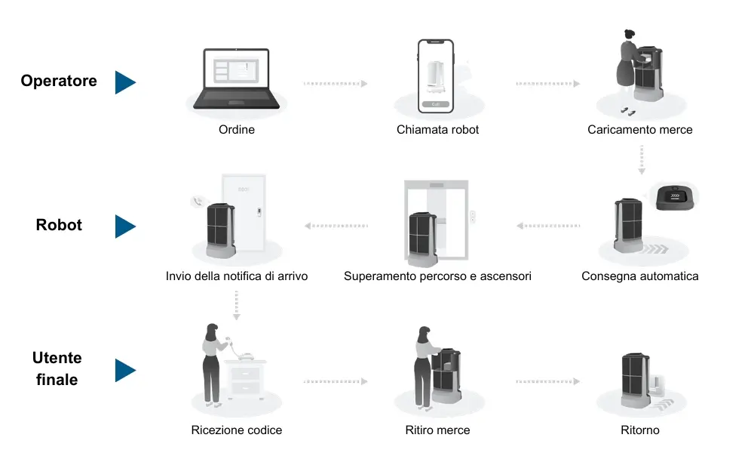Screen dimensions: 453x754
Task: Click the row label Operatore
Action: (x=59, y=81)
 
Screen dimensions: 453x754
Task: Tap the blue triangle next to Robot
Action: (x=124, y=226)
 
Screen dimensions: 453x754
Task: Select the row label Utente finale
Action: (x=57, y=368)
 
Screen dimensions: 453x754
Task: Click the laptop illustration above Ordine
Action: (x=236, y=79)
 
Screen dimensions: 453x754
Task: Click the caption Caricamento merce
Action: (x=639, y=130)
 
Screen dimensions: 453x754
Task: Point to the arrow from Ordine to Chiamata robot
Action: (x=335, y=84)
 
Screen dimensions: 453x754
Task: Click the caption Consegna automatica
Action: (x=639, y=276)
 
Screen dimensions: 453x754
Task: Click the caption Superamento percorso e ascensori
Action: (x=437, y=276)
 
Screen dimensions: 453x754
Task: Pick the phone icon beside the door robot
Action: (x=198, y=201)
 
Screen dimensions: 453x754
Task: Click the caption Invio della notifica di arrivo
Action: (x=236, y=276)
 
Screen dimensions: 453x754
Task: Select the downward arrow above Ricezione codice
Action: (x=236, y=306)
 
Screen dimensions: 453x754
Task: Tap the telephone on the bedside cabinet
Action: (x=243, y=352)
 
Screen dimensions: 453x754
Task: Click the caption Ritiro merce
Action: (x=437, y=430)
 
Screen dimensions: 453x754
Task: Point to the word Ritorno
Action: (x=639, y=430)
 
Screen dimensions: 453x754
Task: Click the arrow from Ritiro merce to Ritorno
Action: (x=547, y=381)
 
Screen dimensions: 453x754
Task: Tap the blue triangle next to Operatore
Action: (x=124, y=82)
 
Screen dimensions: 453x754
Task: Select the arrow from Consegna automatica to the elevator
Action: (x=548, y=225)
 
